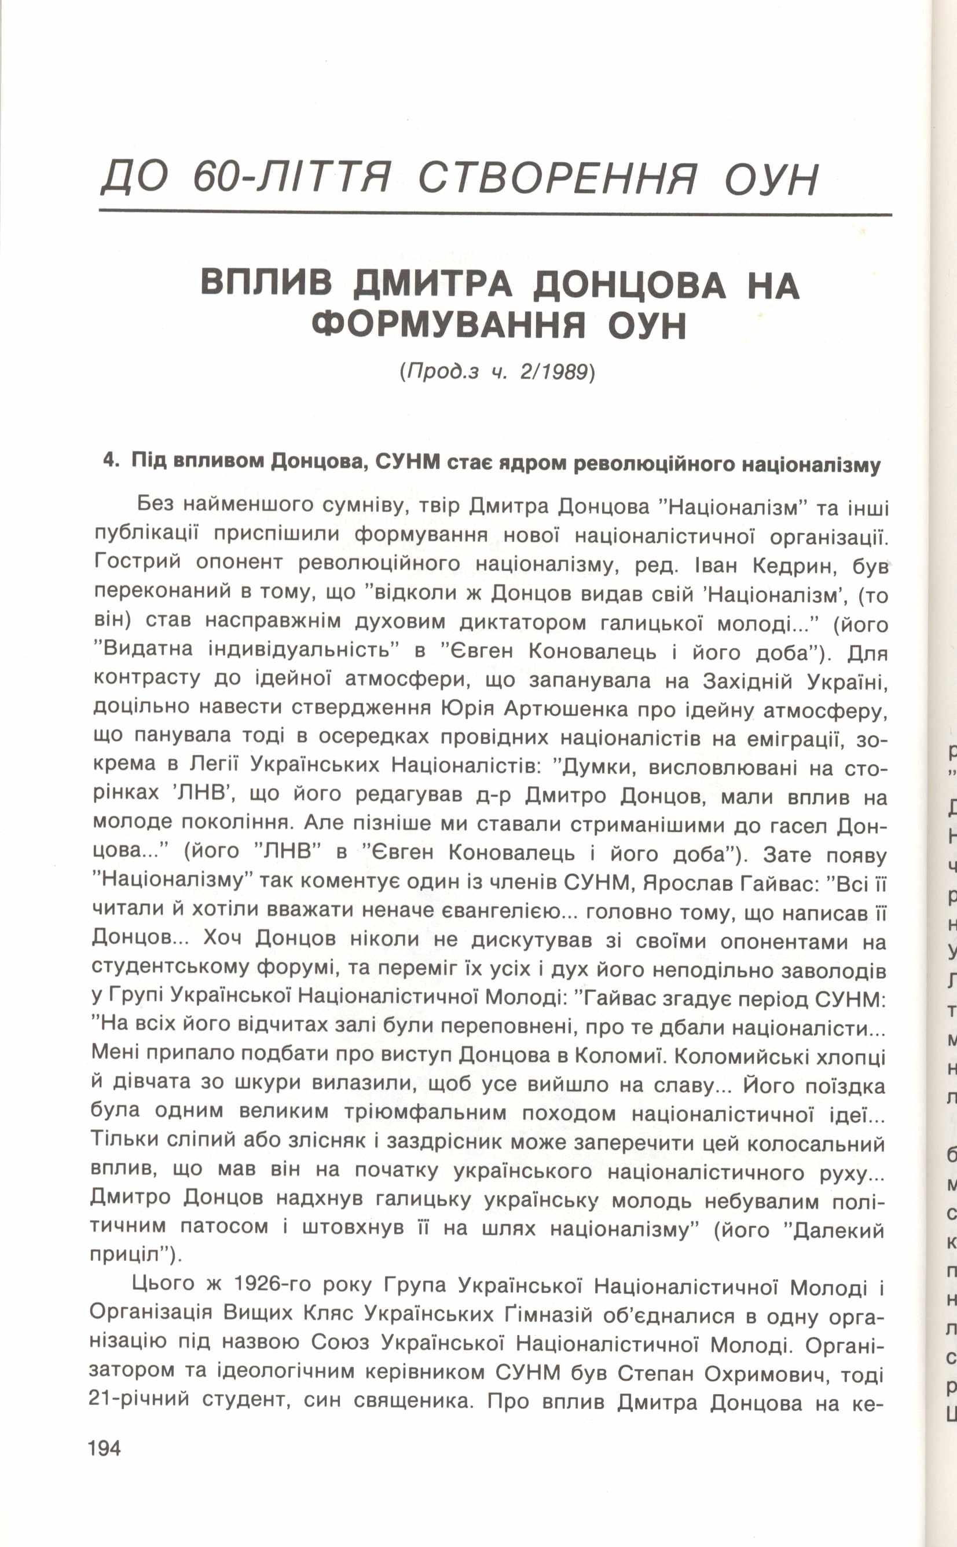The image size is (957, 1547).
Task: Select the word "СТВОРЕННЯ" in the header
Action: tap(557, 178)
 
